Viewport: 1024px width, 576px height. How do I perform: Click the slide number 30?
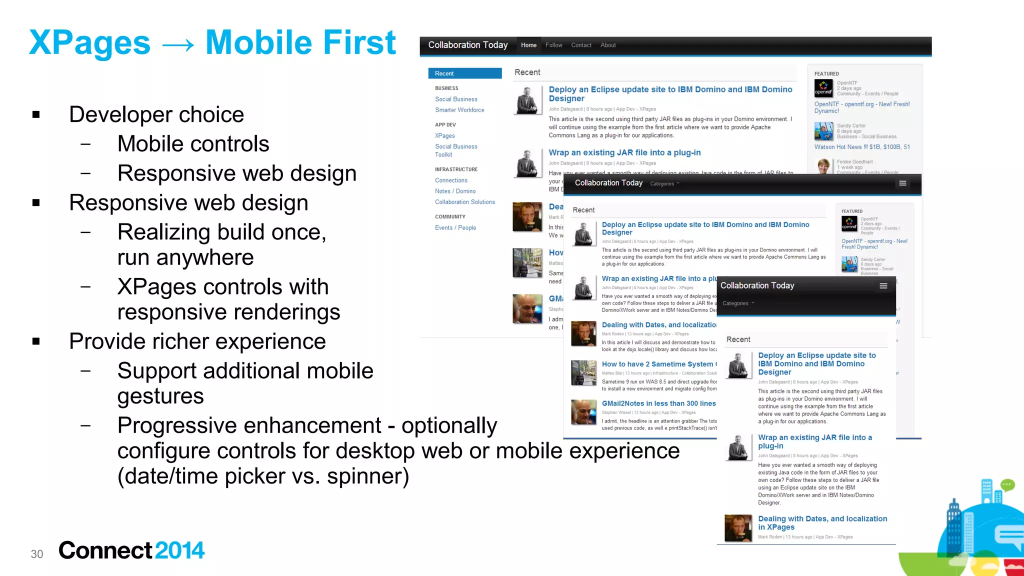pyautogui.click(x=37, y=554)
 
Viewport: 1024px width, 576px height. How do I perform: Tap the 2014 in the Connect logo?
pyautogui.click(x=179, y=550)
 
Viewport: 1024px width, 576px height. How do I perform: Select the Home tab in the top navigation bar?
pyautogui.click(x=528, y=45)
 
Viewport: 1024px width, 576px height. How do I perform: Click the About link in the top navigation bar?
pyautogui.click(x=608, y=45)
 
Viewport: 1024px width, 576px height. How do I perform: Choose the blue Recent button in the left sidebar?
pyautogui.click(x=465, y=73)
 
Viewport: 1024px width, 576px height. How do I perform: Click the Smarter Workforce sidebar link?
pyautogui.click(x=459, y=110)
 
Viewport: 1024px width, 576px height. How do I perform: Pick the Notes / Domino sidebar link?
pyautogui.click(x=455, y=191)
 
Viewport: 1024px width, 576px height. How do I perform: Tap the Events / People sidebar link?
pyautogui.click(x=455, y=227)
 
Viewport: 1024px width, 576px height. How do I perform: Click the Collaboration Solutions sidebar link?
pyautogui.click(x=465, y=202)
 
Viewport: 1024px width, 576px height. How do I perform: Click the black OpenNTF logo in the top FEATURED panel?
pyautogui.click(x=823, y=88)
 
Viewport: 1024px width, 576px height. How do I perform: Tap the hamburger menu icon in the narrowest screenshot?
pyautogui.click(x=883, y=286)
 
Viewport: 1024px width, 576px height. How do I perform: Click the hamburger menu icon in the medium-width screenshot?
pyautogui.click(x=902, y=183)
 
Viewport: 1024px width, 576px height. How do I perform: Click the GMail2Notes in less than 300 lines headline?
pyautogui.click(x=658, y=403)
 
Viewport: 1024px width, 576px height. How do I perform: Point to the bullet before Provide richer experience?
pyautogui.click(x=36, y=341)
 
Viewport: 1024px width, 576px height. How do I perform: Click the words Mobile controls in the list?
pyautogui.click(x=193, y=144)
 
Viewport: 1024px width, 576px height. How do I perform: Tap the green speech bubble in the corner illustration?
pyautogui.click(x=1007, y=484)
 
